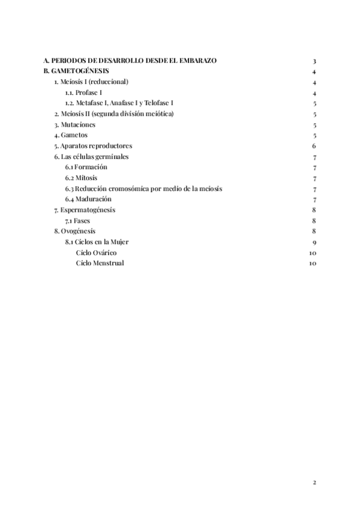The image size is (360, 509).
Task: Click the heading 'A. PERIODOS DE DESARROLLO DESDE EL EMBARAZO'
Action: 130,61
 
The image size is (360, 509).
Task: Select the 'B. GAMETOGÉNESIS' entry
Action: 76,71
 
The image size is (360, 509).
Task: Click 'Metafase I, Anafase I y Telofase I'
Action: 120,103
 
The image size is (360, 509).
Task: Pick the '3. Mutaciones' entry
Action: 74,125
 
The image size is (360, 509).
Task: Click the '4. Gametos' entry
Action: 71,135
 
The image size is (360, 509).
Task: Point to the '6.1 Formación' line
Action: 87,167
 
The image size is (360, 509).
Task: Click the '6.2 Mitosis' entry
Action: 82,178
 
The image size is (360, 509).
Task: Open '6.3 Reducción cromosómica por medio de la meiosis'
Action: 144,188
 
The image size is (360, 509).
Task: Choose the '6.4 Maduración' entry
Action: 89,199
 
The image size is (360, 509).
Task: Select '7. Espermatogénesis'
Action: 85,210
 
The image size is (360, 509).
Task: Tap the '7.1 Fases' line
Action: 78,221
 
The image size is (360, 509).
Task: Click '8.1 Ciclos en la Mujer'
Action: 97,242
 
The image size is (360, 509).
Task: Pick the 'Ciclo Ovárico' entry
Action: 97,253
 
